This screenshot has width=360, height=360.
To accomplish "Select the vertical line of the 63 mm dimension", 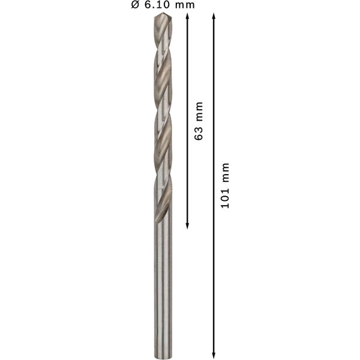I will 187,72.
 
